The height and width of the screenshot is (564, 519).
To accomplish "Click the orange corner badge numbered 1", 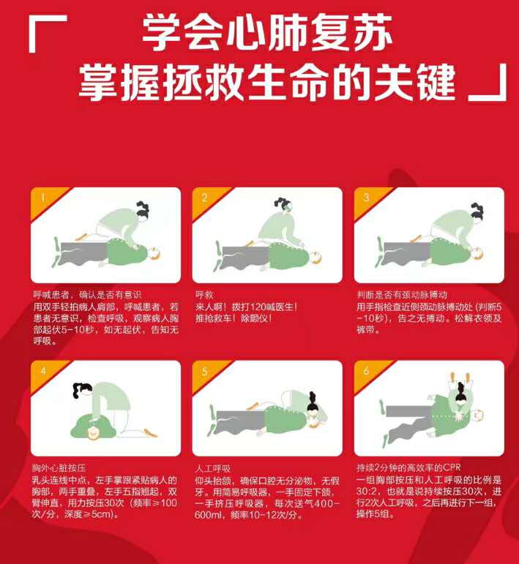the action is coord(44,200).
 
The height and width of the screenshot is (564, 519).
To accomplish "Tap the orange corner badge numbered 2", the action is coord(206,200).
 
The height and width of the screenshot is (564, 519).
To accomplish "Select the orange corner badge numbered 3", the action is coord(367,200).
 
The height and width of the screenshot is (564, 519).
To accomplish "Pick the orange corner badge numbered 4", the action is coord(44,373).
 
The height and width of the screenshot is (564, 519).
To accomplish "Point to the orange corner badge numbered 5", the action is coord(206,373).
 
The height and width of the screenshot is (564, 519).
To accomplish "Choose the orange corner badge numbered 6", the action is coord(367,373).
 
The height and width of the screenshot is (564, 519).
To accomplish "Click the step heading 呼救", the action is coord(204,295).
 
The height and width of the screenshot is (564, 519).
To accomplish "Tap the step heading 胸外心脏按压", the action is coord(59,468).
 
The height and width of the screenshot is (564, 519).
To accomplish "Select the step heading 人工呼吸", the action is coord(213,468).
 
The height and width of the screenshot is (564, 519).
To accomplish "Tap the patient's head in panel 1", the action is coord(154,253).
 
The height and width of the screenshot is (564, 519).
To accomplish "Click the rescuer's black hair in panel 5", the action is coord(312,402).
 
